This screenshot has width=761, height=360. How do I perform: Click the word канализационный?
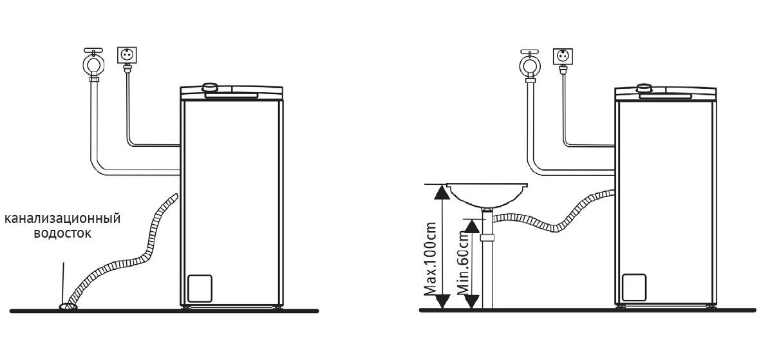[62, 219]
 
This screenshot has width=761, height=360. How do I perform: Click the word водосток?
[62, 233]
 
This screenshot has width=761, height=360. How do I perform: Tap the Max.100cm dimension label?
[430, 259]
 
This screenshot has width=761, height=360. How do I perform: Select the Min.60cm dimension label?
[463, 265]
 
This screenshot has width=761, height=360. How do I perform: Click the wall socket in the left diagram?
[127, 55]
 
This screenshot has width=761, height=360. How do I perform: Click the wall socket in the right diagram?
[563, 57]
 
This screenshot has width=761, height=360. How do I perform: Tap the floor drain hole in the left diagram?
[68, 306]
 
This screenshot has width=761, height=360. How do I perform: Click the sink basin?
[487, 194]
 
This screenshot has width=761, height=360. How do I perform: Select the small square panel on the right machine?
[634, 287]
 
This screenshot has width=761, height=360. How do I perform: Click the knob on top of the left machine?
[210, 88]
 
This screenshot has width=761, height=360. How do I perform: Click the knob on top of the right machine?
[644, 88]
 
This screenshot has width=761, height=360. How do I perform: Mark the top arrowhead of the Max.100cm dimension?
[440, 192]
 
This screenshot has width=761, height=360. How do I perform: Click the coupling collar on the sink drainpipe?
[487, 238]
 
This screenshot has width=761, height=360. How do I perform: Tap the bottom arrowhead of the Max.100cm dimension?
[440, 301]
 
